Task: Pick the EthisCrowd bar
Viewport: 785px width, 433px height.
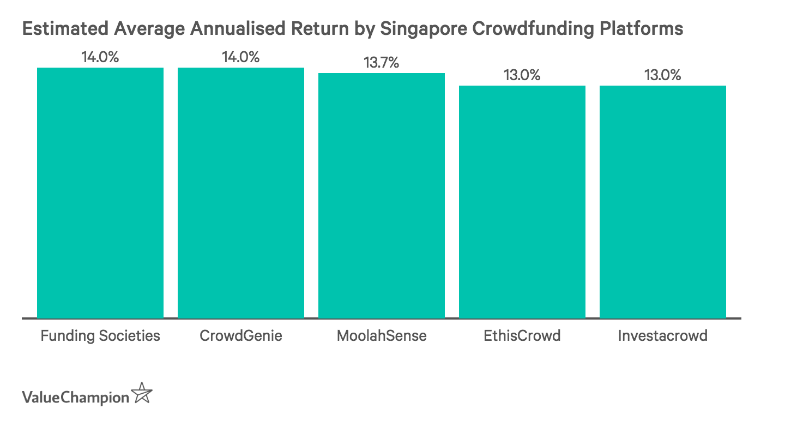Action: coord(522,202)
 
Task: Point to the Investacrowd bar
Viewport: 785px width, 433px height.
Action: coord(663,202)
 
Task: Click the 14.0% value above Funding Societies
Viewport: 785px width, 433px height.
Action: coord(100,57)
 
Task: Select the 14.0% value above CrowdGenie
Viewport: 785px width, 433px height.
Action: coord(241,57)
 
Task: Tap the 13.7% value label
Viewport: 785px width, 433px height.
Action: coord(382,63)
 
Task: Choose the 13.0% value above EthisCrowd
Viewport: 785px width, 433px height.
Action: coord(522,75)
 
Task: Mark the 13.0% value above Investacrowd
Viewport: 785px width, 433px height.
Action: coord(663,75)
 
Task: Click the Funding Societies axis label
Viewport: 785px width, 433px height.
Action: coord(100,335)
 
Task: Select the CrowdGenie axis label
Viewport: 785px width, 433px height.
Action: coord(241,335)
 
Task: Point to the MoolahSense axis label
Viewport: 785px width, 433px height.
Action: coord(382,335)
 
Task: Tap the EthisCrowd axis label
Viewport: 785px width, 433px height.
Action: coord(522,335)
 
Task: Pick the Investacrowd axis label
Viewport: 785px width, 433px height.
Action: coord(663,335)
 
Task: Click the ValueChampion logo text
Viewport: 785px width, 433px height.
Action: coord(75,396)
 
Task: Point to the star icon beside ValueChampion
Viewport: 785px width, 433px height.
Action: coord(142,393)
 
